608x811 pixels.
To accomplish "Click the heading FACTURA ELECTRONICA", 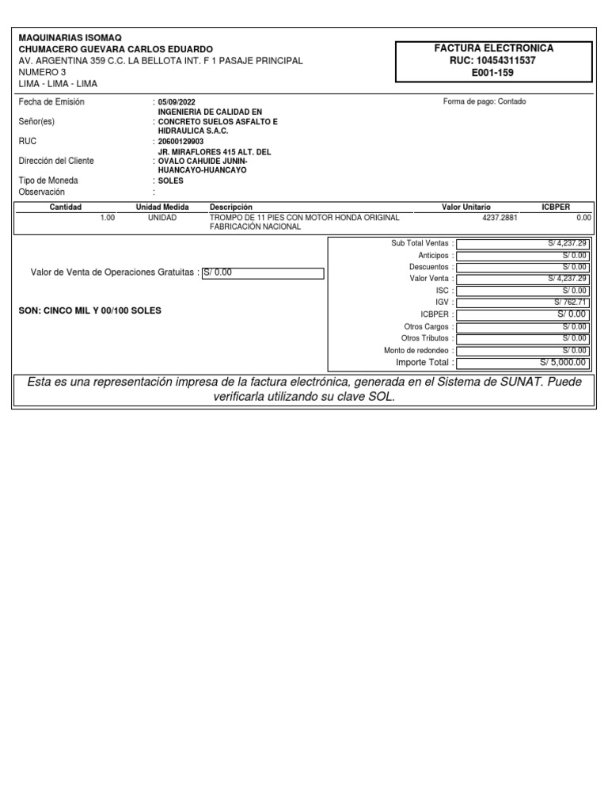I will [493, 48].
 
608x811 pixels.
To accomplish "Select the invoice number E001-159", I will [492, 73].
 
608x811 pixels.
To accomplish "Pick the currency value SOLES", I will [171, 181].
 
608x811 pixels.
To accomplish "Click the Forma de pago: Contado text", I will [484, 101].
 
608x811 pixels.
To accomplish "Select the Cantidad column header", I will [66, 207].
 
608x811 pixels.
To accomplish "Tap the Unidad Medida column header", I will [162, 207].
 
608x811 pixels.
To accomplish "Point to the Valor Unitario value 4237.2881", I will [500, 217].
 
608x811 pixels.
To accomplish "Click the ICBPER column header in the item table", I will [556, 207].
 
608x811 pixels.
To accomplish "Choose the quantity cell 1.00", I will [108, 217].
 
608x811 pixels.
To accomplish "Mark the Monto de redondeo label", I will [418, 350].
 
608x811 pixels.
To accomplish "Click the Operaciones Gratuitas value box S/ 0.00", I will [263, 273].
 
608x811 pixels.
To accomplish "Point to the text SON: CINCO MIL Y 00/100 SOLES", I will [89, 311].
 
